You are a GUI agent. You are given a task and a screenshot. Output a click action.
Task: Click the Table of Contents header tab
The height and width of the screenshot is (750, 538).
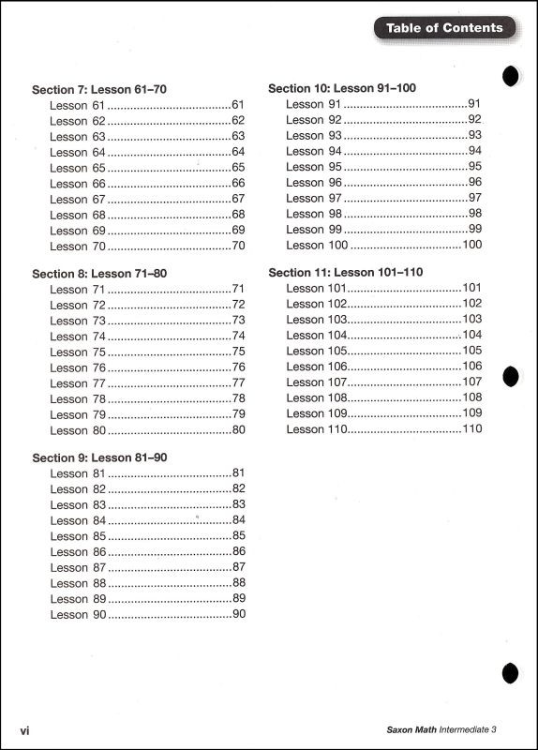[x=444, y=28]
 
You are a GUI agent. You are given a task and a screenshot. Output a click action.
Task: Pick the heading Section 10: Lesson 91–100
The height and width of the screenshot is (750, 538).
[x=342, y=88]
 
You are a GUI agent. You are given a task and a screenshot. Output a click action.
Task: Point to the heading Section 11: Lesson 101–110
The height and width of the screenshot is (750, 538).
[x=346, y=272]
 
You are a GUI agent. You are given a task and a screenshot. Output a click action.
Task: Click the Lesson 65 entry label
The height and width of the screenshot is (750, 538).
[x=77, y=168]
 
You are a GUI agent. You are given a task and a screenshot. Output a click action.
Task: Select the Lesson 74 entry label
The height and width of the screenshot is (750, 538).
[x=77, y=337]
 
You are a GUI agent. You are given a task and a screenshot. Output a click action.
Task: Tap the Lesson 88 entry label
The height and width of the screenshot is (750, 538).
[x=77, y=583]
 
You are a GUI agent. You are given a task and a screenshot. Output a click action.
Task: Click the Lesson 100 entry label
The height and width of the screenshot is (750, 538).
[x=317, y=245]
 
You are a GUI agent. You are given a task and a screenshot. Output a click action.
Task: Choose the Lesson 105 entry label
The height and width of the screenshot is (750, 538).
[x=317, y=351]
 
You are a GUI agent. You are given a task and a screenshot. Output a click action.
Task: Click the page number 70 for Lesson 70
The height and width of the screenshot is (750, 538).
[x=238, y=247]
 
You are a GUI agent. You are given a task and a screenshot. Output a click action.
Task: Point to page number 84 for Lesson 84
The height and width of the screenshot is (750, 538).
[x=238, y=520]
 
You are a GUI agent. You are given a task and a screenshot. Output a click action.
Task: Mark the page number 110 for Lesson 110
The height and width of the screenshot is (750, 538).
[x=471, y=428]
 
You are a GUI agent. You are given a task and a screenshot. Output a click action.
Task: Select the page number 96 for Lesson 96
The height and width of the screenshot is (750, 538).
[x=474, y=182]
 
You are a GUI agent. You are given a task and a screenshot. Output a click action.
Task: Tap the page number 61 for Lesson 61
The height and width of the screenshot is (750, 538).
[x=238, y=105]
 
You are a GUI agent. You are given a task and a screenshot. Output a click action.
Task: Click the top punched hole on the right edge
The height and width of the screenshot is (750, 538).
[x=511, y=77]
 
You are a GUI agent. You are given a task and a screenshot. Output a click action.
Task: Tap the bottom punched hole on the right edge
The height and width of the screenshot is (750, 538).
[x=511, y=671]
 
